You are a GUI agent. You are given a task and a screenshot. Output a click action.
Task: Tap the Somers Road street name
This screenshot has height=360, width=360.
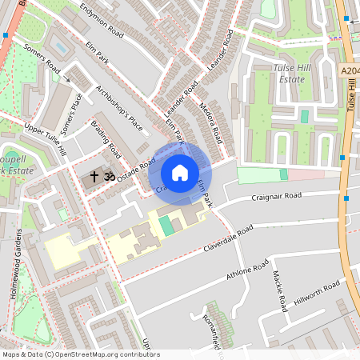pyautogui.click(x=42, y=57)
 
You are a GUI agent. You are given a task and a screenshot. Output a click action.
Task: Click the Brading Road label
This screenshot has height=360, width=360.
pyautogui.click(x=106, y=138)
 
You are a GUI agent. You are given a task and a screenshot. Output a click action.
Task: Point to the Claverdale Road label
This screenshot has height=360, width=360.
pyautogui.click(x=228, y=238)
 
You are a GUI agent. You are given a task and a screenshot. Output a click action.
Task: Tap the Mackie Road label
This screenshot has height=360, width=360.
pyautogui.click(x=278, y=291)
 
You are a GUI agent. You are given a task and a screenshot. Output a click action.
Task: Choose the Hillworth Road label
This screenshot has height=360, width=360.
pyautogui.click(x=318, y=293)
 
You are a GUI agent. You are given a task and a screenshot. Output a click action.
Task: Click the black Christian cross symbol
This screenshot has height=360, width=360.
pyautogui.click(x=94, y=175)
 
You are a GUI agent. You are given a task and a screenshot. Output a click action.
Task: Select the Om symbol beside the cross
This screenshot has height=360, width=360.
pyautogui.click(x=109, y=175)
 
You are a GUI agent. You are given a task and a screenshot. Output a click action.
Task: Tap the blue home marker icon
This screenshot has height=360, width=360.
pyautogui.click(x=180, y=172)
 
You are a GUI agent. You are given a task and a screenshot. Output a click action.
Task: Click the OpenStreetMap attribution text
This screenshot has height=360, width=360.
pyautogui.click(x=80, y=354)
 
